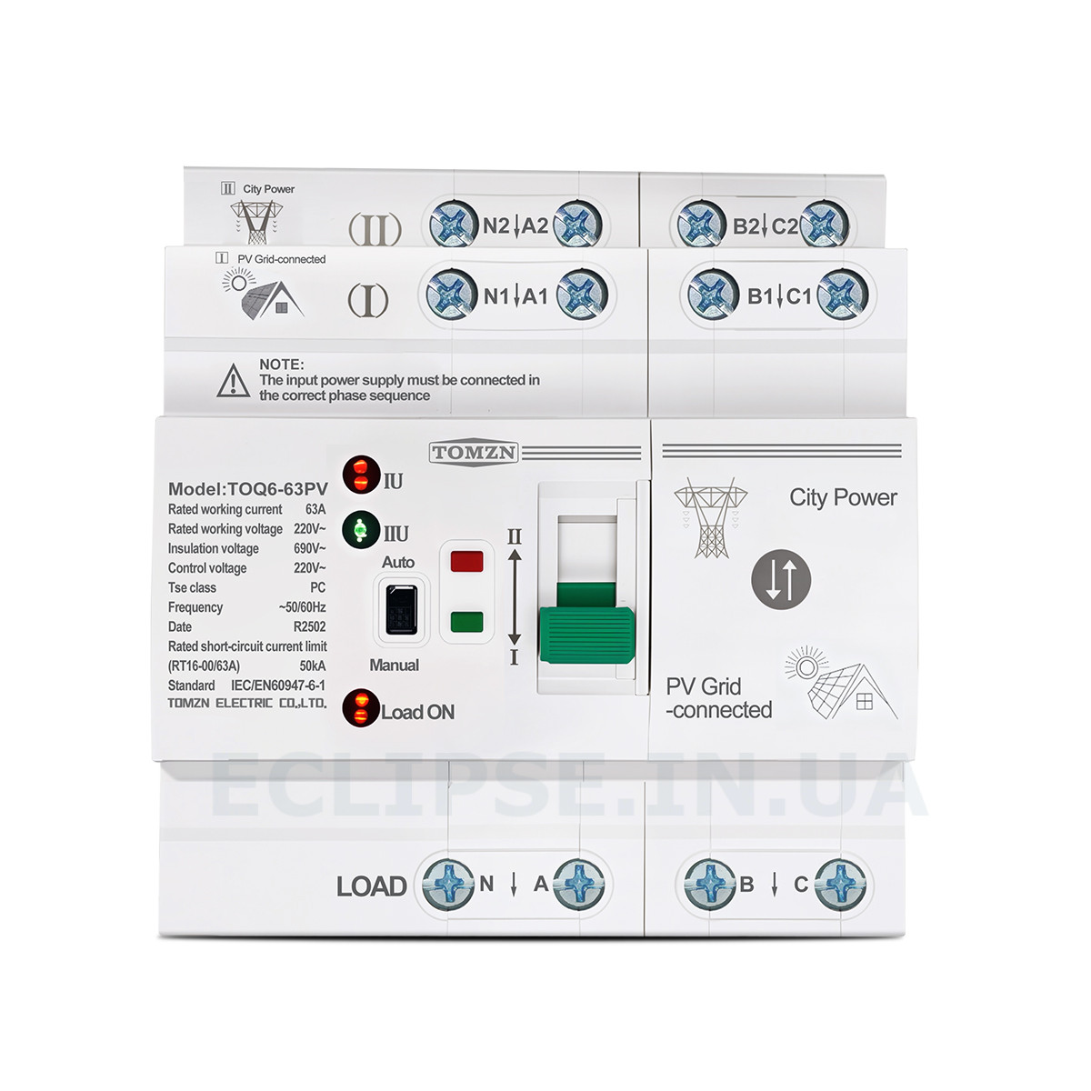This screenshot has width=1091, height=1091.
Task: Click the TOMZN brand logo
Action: tap(474, 453)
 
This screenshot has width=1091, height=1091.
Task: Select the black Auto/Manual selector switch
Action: tap(402, 609)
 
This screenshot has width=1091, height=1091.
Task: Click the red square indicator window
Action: tap(466, 561)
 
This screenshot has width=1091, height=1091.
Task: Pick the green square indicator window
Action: tap(466, 621)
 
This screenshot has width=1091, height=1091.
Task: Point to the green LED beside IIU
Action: tap(361, 530)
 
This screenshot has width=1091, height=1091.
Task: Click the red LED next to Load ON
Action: tap(361, 707)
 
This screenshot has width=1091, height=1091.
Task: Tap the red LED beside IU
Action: tap(361, 475)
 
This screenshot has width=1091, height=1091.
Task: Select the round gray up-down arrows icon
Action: tap(781, 579)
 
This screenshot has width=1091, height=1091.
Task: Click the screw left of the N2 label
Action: tap(453, 225)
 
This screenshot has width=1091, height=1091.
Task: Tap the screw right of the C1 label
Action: tap(843, 295)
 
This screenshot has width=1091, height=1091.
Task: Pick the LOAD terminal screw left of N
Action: tap(448, 886)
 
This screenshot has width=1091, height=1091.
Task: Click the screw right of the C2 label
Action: tap(824, 225)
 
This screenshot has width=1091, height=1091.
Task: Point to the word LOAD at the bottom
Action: tap(372, 886)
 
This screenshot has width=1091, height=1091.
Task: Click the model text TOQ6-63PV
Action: tap(277, 489)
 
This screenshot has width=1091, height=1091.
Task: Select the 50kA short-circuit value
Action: tap(313, 666)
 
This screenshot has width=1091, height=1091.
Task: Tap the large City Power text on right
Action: tap(843, 497)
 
